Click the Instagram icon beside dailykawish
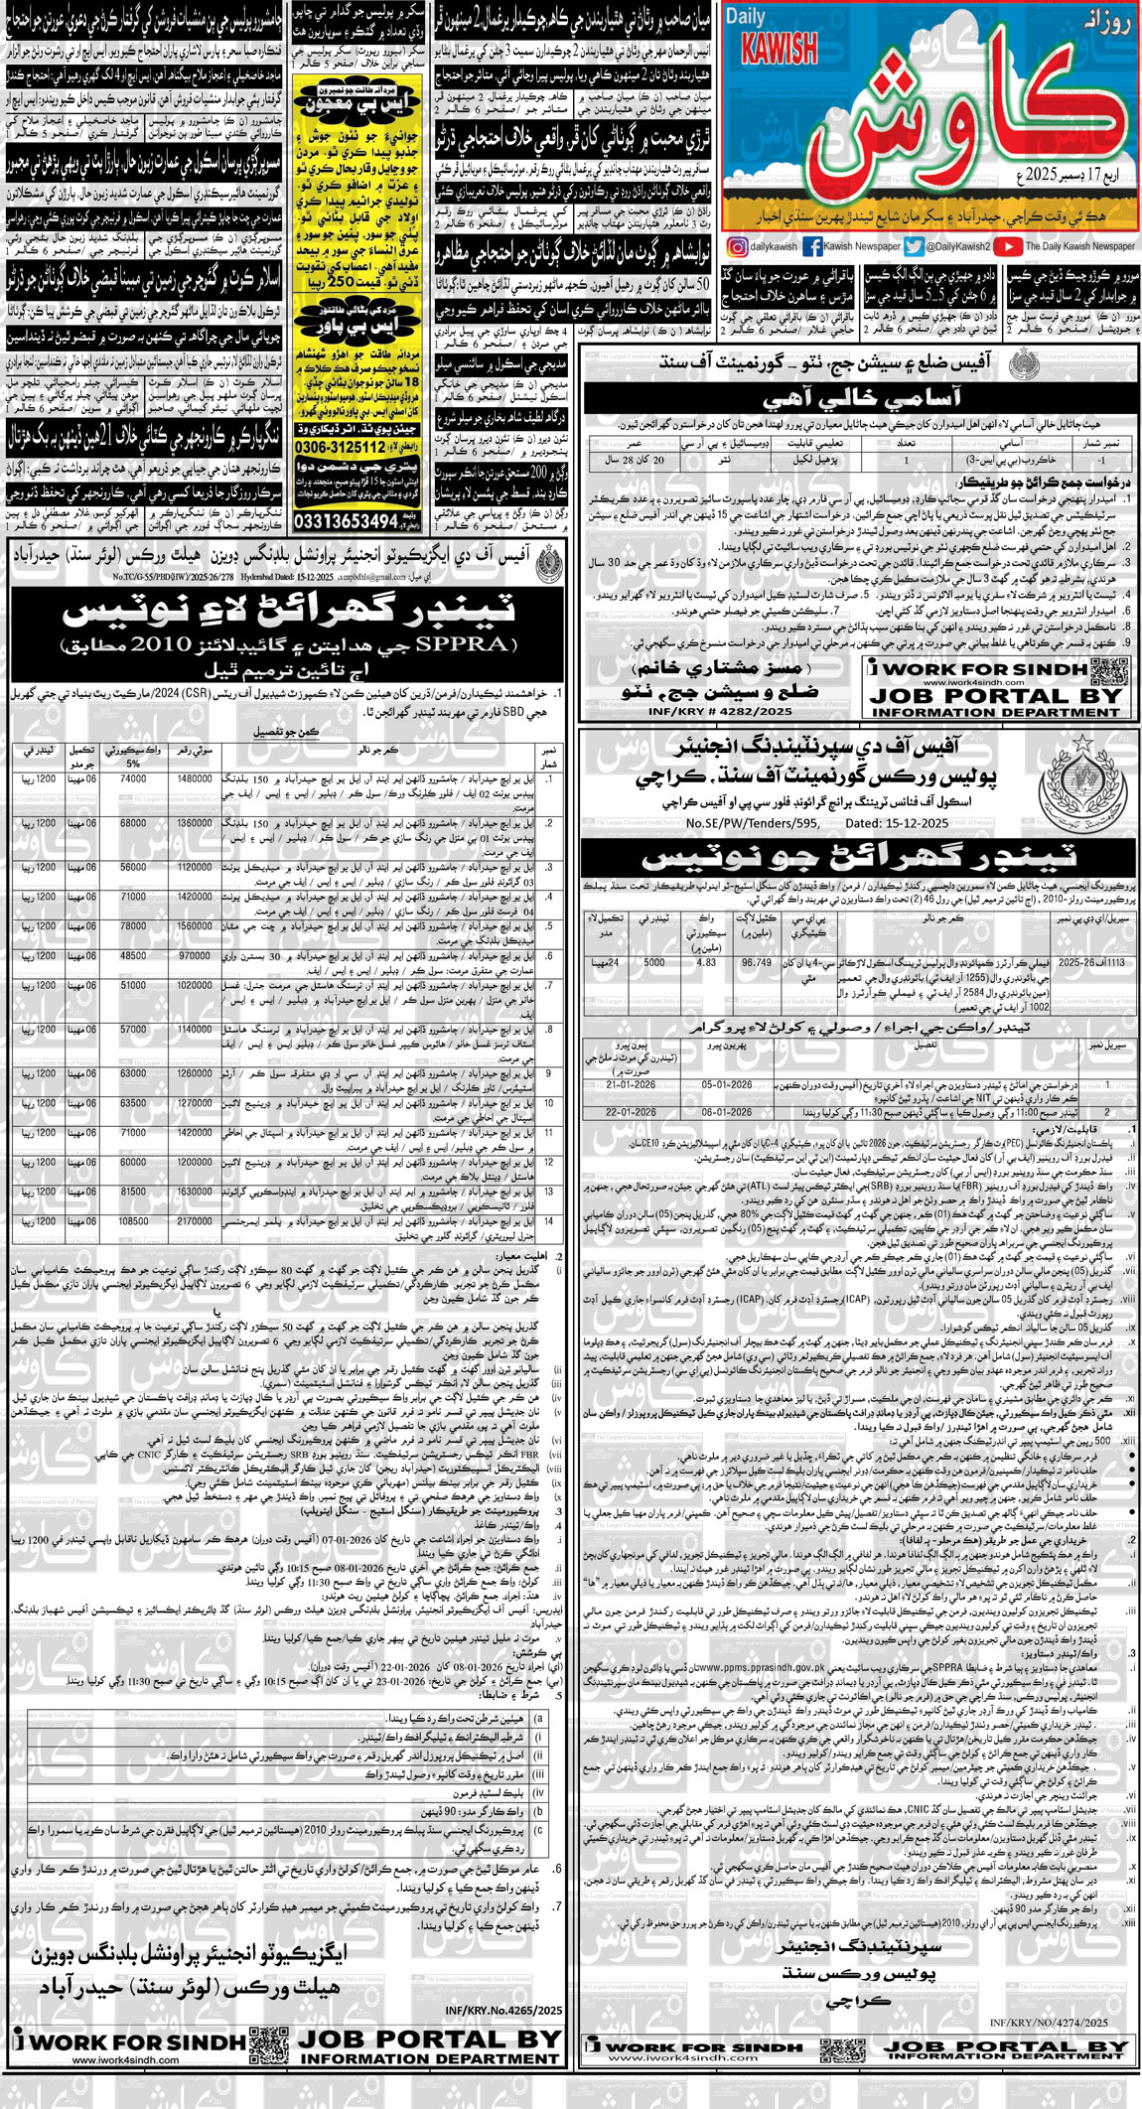coord(738,247)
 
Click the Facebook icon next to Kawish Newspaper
coord(812,247)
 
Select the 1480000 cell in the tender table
coord(195,779)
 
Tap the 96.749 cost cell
coord(757,962)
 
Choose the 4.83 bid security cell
coord(707,962)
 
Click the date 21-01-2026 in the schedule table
coord(630,1085)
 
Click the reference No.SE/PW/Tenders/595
coord(755,823)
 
